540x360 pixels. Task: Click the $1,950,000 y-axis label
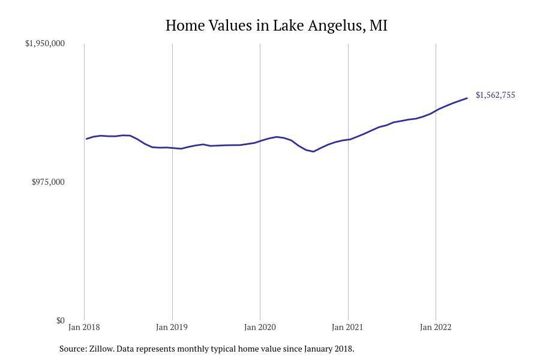click(45, 43)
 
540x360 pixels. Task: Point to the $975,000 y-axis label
click(48, 182)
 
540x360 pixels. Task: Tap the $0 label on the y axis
click(61, 320)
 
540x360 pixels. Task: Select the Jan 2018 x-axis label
click(84, 327)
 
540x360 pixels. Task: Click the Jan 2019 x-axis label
click(172, 327)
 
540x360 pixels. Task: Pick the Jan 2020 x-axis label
click(260, 327)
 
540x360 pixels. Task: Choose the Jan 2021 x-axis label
click(347, 327)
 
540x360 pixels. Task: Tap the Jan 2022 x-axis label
click(436, 327)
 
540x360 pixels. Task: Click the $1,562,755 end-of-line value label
click(495, 95)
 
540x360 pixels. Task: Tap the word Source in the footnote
click(73, 349)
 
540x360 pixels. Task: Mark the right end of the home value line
click(467, 98)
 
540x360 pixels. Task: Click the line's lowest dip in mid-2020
click(313, 151)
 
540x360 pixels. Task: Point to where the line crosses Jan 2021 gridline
click(348, 140)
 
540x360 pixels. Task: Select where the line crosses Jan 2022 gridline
click(436, 110)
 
